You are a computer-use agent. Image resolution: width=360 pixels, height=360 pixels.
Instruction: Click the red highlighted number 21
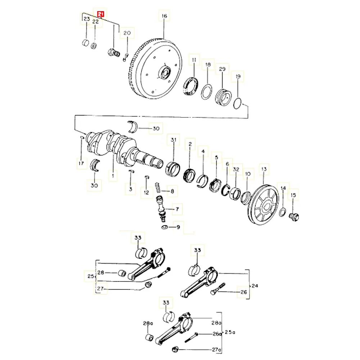coord(100,14)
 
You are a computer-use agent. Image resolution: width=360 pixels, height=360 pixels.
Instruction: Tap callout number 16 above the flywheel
coord(164,16)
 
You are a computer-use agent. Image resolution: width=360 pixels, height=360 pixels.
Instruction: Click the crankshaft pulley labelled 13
coord(264,204)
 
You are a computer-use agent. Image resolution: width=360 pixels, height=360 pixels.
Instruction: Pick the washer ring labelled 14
coord(283,212)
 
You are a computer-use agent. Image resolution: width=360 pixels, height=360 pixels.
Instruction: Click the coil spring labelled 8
coord(158,188)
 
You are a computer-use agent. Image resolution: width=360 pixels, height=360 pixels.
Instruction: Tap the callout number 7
coord(177,209)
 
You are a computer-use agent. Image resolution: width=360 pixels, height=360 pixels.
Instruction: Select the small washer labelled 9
coord(164,227)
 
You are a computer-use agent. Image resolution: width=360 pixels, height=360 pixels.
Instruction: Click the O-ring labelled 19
coord(237,104)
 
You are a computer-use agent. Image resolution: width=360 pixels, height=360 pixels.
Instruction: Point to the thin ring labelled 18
coord(206,91)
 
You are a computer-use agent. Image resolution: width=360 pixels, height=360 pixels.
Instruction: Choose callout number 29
coord(222,69)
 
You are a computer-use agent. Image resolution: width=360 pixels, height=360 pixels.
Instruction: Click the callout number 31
coord(174,140)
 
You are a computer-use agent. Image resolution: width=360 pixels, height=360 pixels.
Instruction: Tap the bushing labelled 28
coord(122,273)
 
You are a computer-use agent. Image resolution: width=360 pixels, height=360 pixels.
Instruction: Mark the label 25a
coord(230,332)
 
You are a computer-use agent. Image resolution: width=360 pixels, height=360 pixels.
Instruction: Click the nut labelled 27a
coord(175,349)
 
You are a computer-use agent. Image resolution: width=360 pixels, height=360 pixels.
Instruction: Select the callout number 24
coord(255,286)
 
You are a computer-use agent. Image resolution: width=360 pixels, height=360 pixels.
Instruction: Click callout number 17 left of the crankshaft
coord(81,163)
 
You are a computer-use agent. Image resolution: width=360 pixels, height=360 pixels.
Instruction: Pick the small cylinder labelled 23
coord(86,43)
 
